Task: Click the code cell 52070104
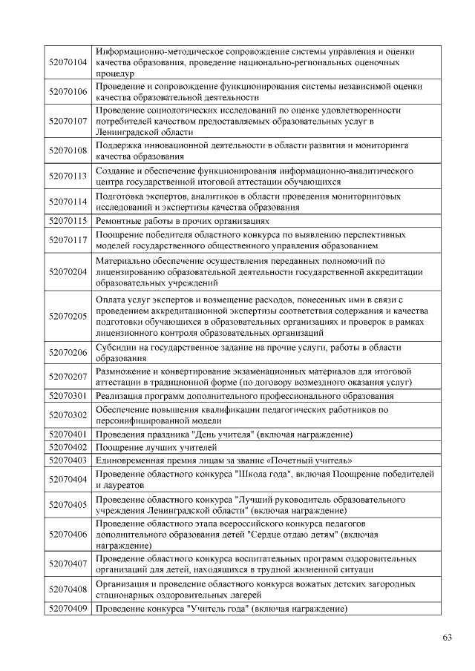[68, 63]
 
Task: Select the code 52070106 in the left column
[68, 92]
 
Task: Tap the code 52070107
[68, 121]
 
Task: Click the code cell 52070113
[68, 176]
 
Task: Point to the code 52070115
[68, 221]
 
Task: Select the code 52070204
[68, 272]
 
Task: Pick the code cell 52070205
[68, 316]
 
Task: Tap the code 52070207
[68, 377]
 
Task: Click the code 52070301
[68, 396]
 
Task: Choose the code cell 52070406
[68, 534]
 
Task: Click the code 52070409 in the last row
[68, 609]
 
